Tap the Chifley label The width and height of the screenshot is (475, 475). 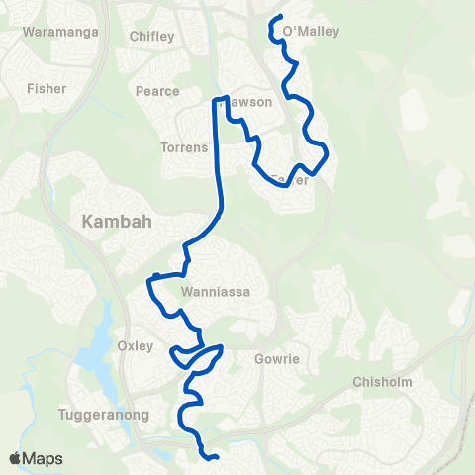pyautogui.click(x=151, y=37)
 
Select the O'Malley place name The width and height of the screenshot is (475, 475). pyautogui.click(x=311, y=32)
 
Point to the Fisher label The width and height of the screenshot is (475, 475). pyautogui.click(x=47, y=88)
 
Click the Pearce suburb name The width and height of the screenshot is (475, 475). pyautogui.click(x=156, y=91)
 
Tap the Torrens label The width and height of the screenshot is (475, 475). pyautogui.click(x=183, y=147)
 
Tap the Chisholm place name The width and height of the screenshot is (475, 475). pyautogui.click(x=381, y=382)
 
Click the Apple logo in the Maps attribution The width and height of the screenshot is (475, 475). pyautogui.click(x=16, y=458)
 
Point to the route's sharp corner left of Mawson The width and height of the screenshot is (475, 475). pyautogui.click(x=214, y=99)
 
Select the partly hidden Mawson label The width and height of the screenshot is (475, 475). pyautogui.click(x=248, y=102)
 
